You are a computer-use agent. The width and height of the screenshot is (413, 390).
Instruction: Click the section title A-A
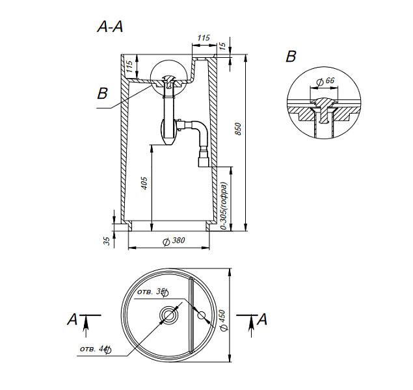[110, 27]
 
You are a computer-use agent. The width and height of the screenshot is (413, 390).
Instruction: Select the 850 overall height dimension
[238, 129]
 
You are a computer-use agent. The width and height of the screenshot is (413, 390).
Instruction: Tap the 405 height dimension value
[144, 183]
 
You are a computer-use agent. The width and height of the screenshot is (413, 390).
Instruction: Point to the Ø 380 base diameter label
[174, 240]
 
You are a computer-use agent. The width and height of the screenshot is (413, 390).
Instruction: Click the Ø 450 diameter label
[222, 320]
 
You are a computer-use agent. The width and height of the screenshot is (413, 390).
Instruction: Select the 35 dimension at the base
[107, 240]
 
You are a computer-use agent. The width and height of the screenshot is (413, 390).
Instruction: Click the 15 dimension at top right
[222, 46]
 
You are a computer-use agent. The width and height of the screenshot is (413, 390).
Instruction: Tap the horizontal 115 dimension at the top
[204, 38]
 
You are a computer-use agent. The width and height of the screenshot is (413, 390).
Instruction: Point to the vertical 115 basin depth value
[129, 66]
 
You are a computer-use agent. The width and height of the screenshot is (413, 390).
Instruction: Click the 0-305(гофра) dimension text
[224, 206]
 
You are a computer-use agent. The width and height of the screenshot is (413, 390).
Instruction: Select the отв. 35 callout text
[153, 292]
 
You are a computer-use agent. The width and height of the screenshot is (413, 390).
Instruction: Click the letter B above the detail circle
[291, 57]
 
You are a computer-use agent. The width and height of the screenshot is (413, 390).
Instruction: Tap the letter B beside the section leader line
[103, 93]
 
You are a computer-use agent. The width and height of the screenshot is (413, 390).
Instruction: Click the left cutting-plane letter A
[72, 319]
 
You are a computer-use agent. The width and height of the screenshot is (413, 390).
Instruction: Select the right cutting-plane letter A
[262, 319]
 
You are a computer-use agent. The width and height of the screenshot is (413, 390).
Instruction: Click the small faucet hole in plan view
[201, 315]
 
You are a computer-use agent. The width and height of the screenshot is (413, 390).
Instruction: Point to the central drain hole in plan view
[169, 315]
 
